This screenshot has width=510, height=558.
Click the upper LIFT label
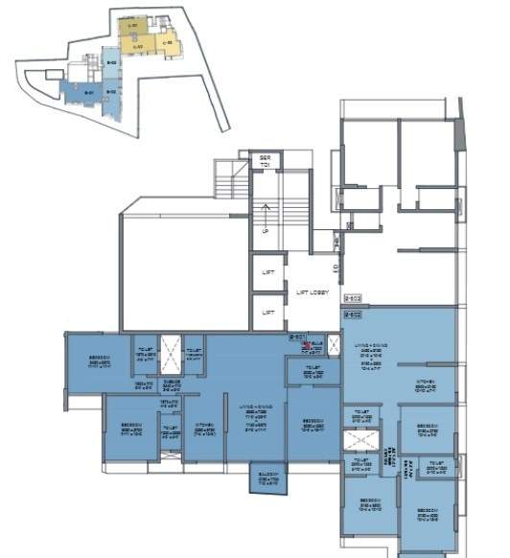268,272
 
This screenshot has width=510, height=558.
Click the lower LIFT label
268,312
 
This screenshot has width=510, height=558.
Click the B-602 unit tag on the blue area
352,314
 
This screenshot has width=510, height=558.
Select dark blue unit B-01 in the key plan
88,92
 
